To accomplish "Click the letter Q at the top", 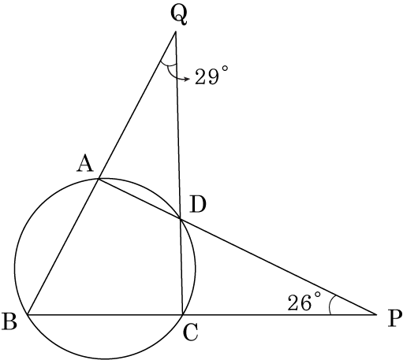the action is [179, 15].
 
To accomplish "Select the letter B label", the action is [9, 321].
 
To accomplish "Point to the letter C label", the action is [190, 332].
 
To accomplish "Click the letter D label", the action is [198, 205].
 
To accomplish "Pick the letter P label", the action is [395, 318].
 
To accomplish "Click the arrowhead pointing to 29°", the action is [187, 79].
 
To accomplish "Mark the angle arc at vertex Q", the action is [168, 64].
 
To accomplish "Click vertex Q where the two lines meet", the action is [175, 32].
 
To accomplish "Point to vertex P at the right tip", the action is [376, 314].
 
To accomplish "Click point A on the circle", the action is [99, 179].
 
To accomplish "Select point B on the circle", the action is [28, 314].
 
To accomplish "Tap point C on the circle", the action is [182, 314].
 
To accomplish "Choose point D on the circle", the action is [180, 218].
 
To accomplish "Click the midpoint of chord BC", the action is [105, 314].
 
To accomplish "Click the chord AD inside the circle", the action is [140, 199].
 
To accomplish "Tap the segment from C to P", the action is [279, 314].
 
